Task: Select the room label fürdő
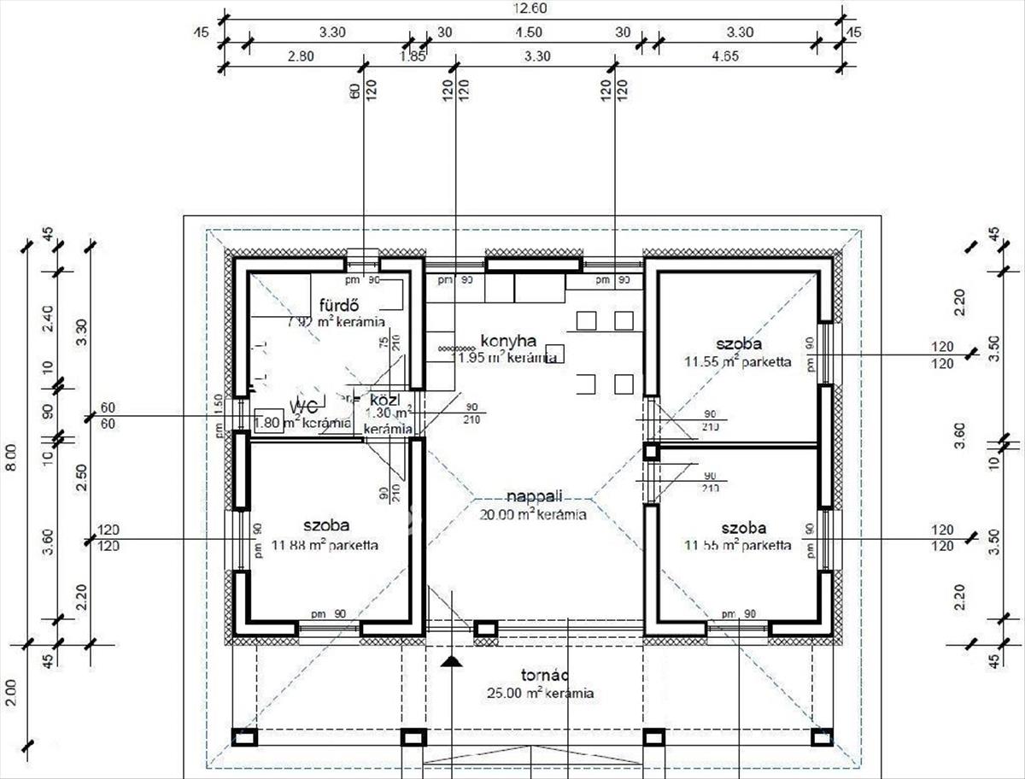(x=337, y=306)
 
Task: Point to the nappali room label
(x=533, y=498)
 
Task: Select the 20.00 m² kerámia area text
(x=533, y=514)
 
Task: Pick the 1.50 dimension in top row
(x=529, y=32)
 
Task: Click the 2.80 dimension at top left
(x=300, y=57)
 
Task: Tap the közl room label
(x=380, y=400)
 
